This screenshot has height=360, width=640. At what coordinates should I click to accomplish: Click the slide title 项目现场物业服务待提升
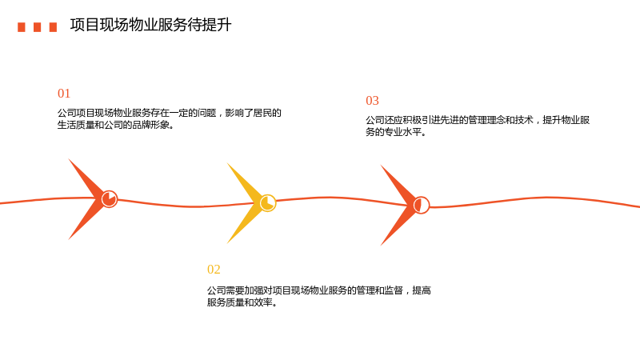[150, 25]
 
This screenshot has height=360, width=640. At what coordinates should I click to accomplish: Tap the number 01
[64, 94]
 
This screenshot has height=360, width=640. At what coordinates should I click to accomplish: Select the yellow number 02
[214, 270]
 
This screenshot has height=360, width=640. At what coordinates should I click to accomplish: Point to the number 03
[372, 101]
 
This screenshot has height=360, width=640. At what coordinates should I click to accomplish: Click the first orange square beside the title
[22, 27]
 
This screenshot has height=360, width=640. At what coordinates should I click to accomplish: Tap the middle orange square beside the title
[37, 27]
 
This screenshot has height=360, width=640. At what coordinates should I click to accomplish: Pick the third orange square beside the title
[53, 27]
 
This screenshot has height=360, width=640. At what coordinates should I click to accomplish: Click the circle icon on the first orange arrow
[110, 198]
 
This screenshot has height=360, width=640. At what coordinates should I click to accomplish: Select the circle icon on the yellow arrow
[268, 203]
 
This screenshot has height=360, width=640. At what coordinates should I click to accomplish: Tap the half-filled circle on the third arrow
[422, 205]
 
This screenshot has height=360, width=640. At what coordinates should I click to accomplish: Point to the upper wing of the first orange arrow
[86, 176]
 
